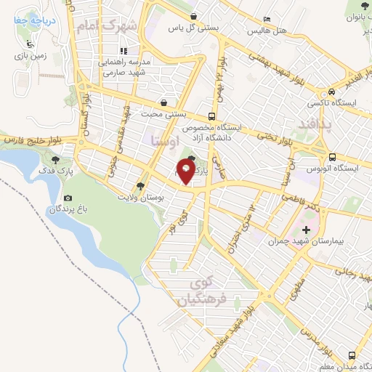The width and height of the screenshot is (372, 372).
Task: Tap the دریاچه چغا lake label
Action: [33, 22]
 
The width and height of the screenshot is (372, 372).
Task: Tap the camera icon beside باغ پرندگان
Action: [68, 198]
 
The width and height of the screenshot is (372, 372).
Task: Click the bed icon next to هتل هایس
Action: [267, 20]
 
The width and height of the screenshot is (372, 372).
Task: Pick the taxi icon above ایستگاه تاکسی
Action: [331, 92]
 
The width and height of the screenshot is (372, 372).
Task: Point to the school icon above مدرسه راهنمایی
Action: [124, 51]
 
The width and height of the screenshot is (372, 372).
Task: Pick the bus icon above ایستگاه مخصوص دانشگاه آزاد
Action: [211, 116]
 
